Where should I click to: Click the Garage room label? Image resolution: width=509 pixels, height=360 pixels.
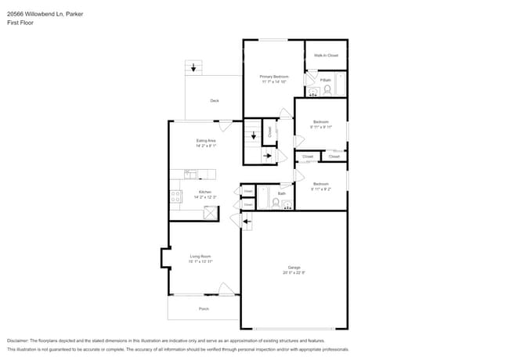(x=293, y=267)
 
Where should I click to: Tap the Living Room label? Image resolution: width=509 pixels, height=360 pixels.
(x=200, y=256)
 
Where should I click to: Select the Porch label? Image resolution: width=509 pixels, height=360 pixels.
(x=204, y=309)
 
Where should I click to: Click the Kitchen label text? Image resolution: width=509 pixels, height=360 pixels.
(x=204, y=192)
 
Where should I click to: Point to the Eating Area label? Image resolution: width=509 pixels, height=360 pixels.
(x=206, y=140)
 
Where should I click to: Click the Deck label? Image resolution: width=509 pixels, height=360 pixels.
(x=214, y=101)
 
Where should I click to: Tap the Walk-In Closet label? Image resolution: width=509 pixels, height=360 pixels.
(x=326, y=56)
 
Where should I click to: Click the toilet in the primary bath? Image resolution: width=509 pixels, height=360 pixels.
(x=328, y=91)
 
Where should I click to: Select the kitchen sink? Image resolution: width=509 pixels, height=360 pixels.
(x=190, y=174)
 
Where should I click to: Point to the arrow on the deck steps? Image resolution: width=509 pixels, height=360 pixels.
(x=193, y=68)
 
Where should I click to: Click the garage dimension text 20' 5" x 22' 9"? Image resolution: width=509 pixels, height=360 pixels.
(x=293, y=272)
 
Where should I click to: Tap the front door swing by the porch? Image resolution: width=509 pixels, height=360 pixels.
(x=226, y=290)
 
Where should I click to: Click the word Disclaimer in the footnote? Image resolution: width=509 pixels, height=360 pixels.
(x=16, y=340)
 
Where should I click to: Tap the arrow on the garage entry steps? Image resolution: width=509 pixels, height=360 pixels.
(x=247, y=223)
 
